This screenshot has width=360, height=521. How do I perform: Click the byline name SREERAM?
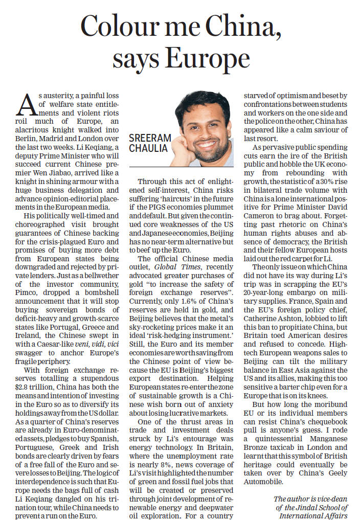click(150, 139)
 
